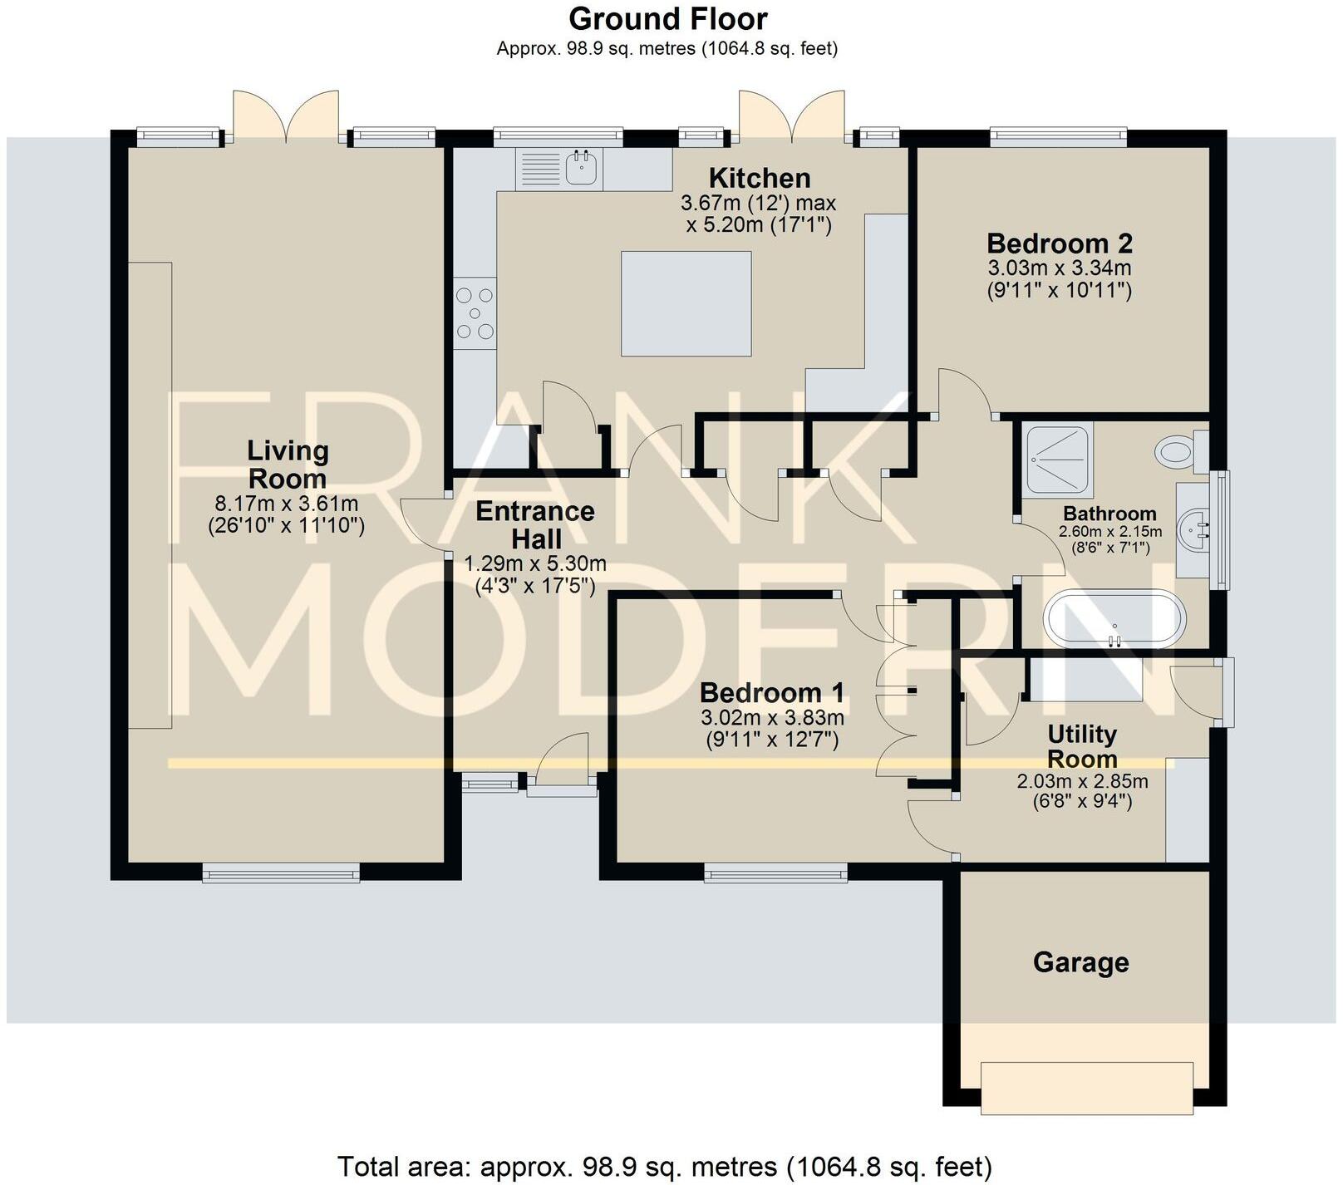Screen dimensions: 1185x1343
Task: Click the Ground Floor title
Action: coord(667,18)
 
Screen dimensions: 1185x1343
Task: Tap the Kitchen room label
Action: coord(759,178)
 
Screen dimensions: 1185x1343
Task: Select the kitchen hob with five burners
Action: coord(475,313)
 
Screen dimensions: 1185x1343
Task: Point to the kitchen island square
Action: coord(686,303)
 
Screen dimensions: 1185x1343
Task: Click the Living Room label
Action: coord(288,465)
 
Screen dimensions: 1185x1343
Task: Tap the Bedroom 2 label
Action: coord(1059,243)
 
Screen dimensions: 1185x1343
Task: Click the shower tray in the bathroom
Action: coord(1057,459)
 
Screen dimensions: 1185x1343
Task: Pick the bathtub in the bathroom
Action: coord(1114,618)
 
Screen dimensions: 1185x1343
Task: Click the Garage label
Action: coord(1080,962)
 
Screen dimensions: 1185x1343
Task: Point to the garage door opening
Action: coord(1086,1088)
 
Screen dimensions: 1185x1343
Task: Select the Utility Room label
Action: coord(1081,746)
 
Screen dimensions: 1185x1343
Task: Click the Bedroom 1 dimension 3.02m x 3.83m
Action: coord(771,718)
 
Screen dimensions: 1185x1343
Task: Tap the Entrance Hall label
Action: coord(535,524)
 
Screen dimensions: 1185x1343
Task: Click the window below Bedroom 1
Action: coord(775,872)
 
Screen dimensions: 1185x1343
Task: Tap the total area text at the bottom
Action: coord(664,1167)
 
